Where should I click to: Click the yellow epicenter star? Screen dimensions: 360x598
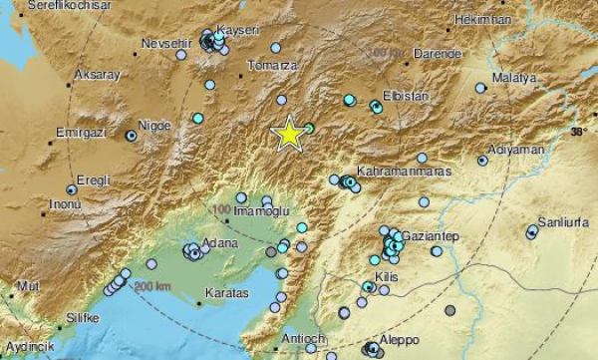[289, 134]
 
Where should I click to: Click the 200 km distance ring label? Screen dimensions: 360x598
[154, 286]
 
